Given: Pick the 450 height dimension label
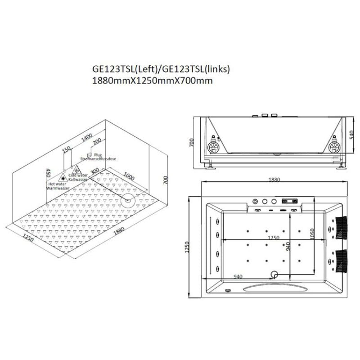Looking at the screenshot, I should click(x=47, y=173).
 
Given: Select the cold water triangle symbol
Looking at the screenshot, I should click(x=77, y=170).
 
